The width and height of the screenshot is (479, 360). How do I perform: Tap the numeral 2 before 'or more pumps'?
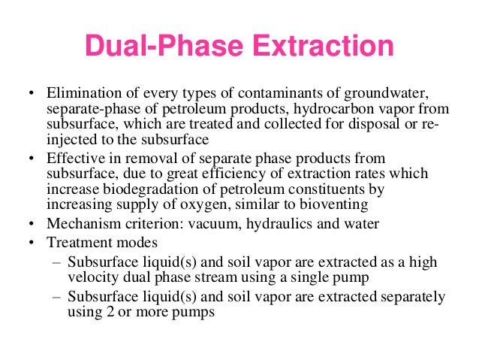(99, 312)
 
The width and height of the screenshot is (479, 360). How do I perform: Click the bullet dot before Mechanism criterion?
(31, 224)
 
